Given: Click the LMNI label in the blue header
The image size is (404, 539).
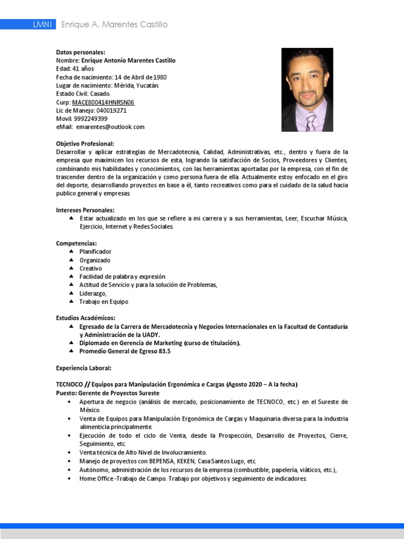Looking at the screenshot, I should tap(42, 25).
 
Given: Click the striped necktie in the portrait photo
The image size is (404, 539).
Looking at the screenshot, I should tap(311, 122).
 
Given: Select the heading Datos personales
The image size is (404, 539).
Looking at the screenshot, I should tap(80, 52).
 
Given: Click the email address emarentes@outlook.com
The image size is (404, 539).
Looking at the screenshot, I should tap(110, 127).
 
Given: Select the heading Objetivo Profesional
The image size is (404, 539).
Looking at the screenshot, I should tap(85, 144).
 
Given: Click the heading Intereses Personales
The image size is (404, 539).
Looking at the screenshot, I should tap(85, 210).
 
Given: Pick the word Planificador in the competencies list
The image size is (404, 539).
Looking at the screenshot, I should tap(95, 252).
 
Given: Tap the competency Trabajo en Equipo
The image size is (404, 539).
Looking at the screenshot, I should tap(104, 302).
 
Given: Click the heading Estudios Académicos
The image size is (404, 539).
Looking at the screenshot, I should tap(86, 318).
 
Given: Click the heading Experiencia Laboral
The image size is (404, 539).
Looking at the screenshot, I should tap(84, 368).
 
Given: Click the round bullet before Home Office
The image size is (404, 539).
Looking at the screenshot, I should tap(69, 478).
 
